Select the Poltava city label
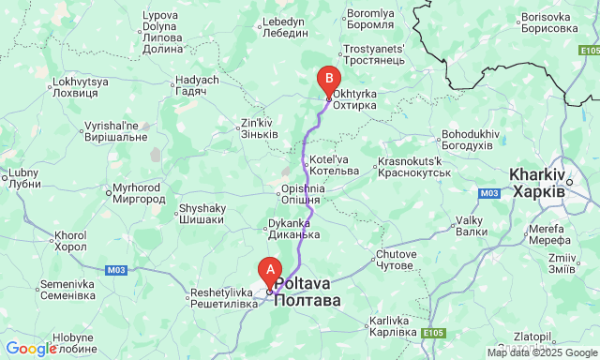pyautogui.click(x=307, y=292)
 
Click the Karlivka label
pyautogui.click(x=393, y=326)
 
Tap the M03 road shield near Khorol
pyautogui.click(x=115, y=271)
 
